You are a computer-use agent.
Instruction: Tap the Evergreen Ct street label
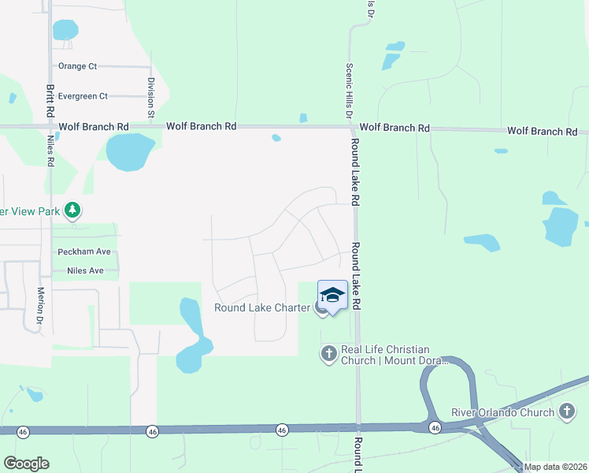click(x=83, y=96)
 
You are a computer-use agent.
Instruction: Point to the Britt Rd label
click(x=50, y=101)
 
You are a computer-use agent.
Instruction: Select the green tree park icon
click(x=72, y=210)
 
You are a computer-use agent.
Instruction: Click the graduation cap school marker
click(x=332, y=296)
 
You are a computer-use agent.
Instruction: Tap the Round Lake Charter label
click(x=261, y=307)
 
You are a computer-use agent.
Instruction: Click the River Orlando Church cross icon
click(x=566, y=411)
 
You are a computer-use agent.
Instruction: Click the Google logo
click(x=26, y=464)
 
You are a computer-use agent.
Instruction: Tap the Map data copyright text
click(x=555, y=467)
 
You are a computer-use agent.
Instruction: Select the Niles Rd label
click(x=51, y=151)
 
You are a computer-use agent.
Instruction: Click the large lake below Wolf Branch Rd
click(x=130, y=151)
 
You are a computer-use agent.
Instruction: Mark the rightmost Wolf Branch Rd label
click(x=542, y=131)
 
